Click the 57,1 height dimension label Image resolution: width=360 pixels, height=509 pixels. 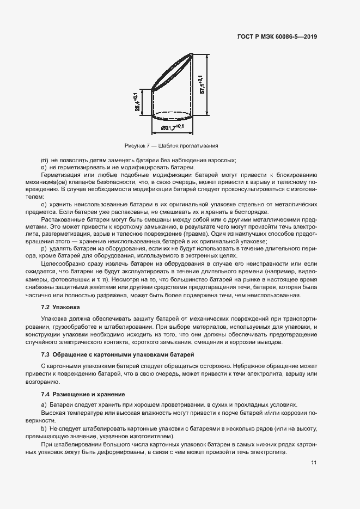pyautogui.click(x=202, y=84)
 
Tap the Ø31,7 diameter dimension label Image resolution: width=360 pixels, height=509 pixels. pyautogui.click(x=172, y=128)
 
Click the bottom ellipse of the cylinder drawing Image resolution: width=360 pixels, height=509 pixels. pyautogui.click(x=172, y=116)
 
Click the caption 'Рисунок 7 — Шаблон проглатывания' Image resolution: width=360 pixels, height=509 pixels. pyautogui.click(x=171, y=146)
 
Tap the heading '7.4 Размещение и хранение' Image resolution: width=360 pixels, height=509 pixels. pyautogui.click(x=83, y=394)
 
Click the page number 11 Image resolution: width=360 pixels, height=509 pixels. pyautogui.click(x=314, y=463)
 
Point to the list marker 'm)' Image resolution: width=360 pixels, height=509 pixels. pyautogui.click(x=45, y=160)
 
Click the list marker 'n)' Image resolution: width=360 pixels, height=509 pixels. pyautogui.click(x=44, y=168)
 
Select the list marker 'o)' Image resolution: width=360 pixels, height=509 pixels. pyautogui.click(x=44, y=204)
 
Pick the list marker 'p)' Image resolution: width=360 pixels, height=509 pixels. pyautogui.click(x=44, y=248)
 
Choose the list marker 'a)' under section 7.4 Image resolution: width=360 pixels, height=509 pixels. pyautogui.click(x=44, y=405)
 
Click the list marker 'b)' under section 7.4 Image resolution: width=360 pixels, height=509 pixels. pyautogui.click(x=44, y=430)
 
